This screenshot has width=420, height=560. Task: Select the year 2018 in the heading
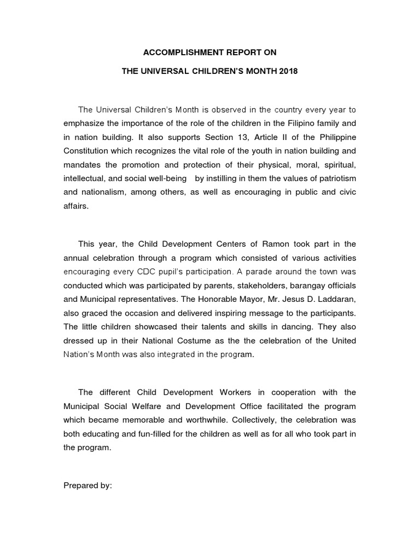click(288, 72)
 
